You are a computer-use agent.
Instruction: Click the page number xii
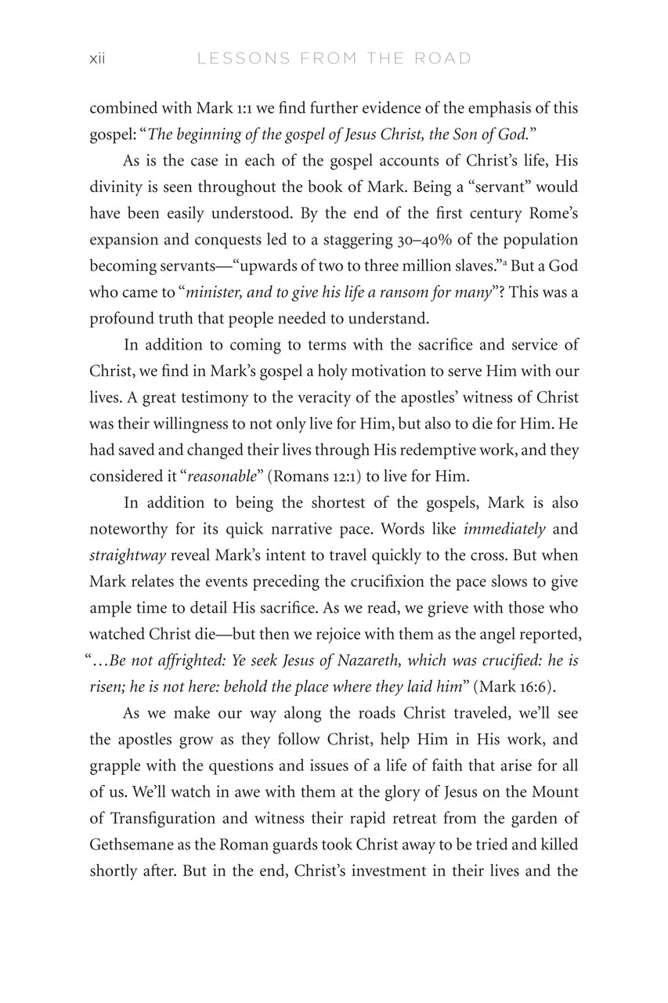pyautogui.click(x=98, y=59)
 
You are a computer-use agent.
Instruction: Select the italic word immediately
pyautogui.click(x=504, y=529)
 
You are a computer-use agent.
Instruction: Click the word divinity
pyautogui.click(x=117, y=186)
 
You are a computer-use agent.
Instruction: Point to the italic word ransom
pyautogui.click(x=389, y=291)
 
